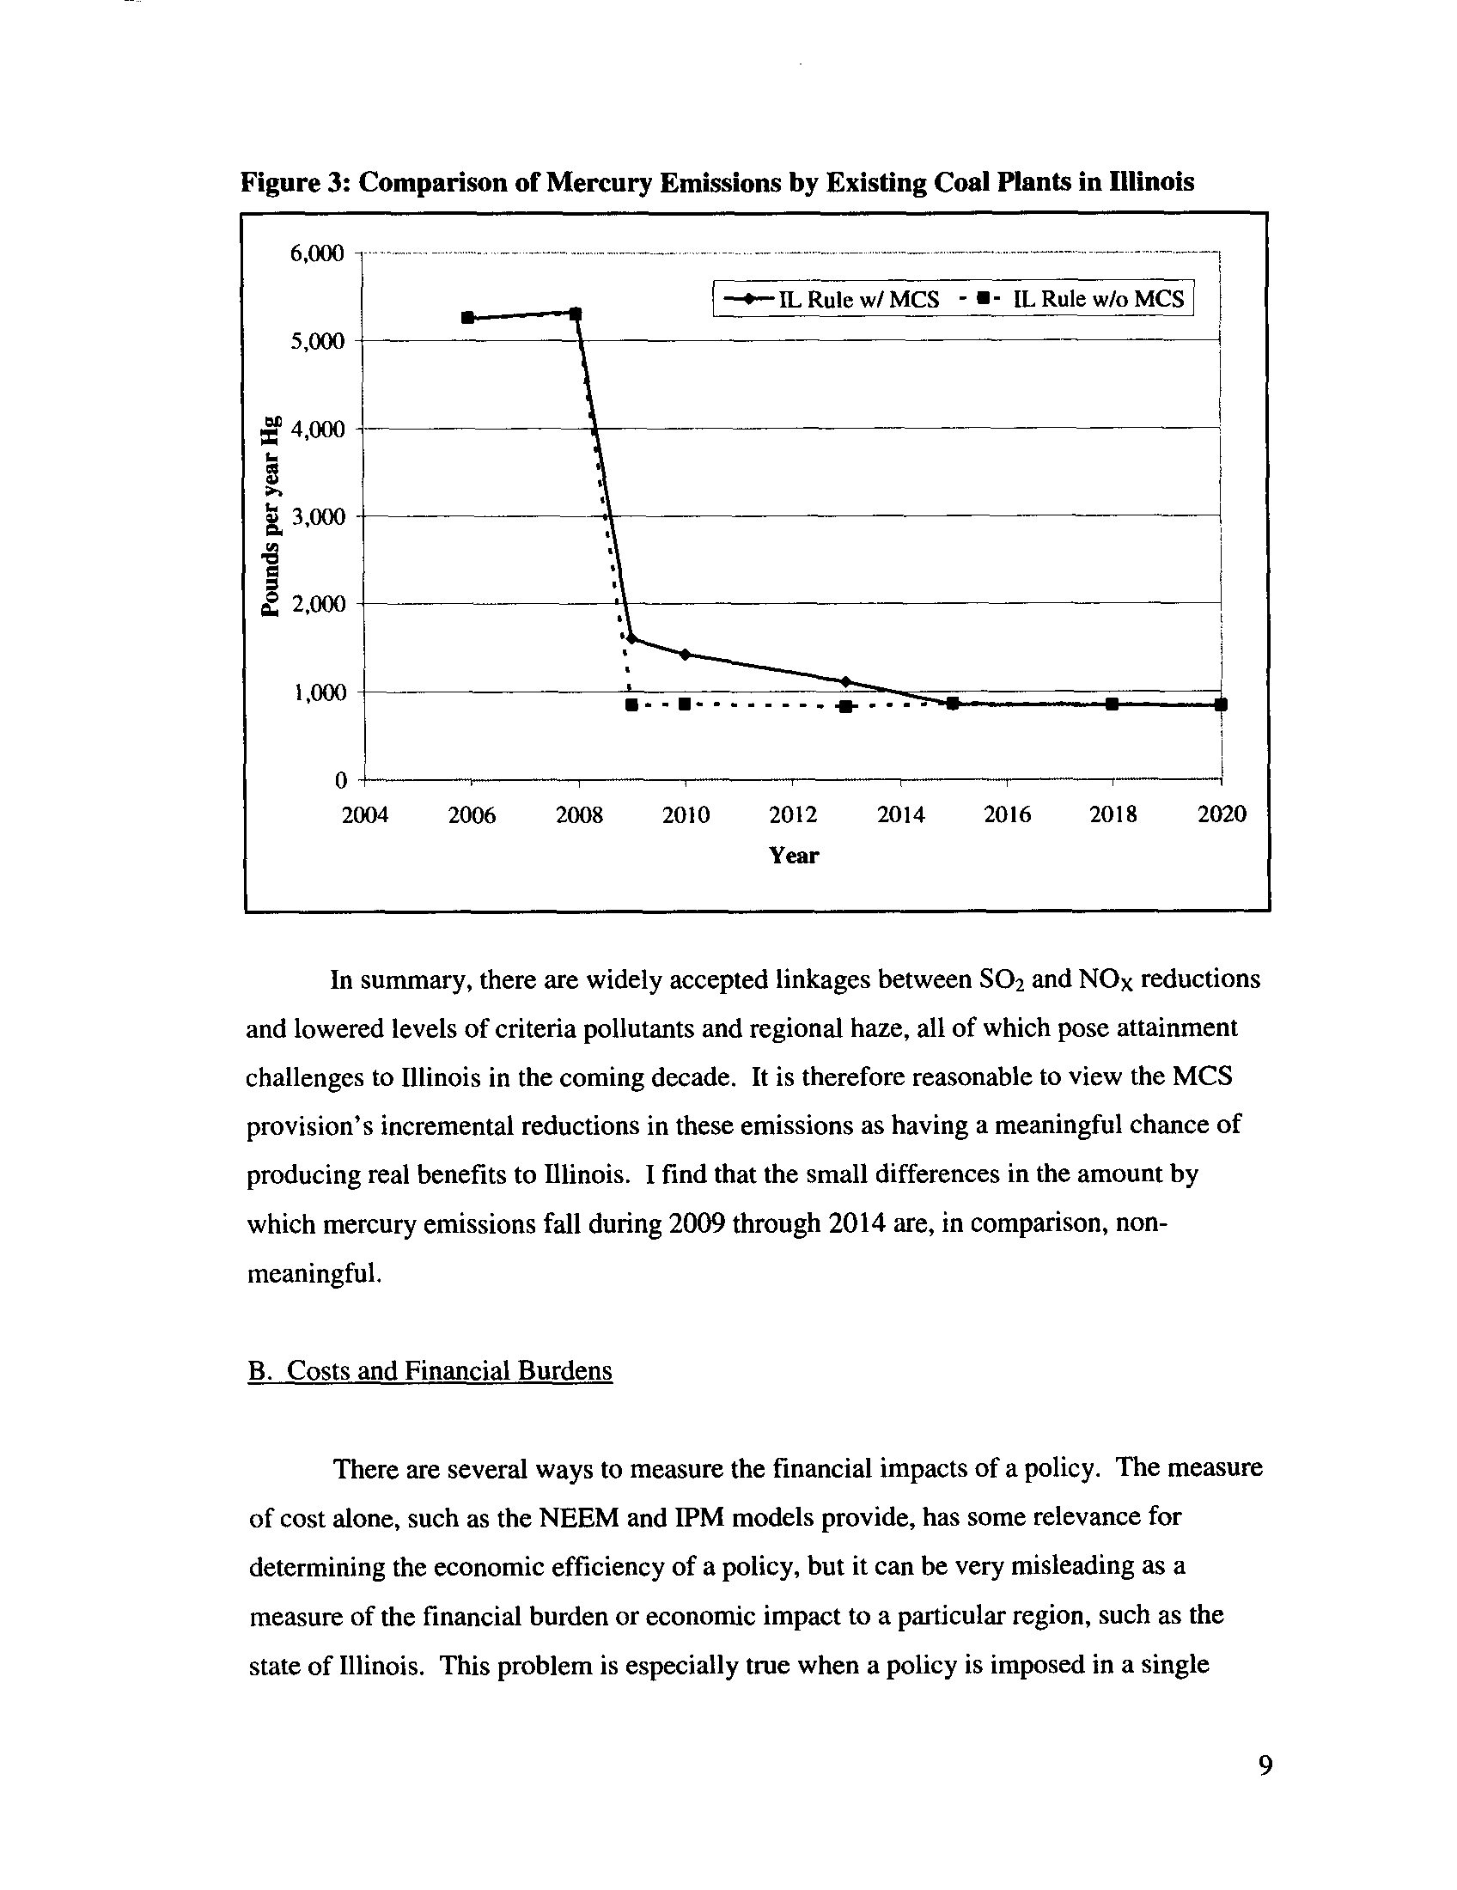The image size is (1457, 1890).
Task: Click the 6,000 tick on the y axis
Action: (318, 253)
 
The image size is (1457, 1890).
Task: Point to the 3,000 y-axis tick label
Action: (318, 516)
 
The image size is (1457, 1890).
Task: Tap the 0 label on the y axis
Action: (340, 781)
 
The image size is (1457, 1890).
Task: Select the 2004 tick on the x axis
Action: (365, 814)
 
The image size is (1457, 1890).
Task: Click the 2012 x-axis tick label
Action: (793, 814)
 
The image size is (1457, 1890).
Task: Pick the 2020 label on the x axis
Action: (1221, 814)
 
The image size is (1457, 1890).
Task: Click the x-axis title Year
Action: (794, 856)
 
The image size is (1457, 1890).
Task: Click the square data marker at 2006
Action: (467, 318)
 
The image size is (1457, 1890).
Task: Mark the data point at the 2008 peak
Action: (576, 314)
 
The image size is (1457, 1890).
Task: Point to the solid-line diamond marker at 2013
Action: (845, 681)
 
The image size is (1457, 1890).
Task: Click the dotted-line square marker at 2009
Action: (631, 705)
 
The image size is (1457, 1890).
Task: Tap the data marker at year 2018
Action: (1113, 704)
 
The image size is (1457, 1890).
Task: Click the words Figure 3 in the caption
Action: (294, 183)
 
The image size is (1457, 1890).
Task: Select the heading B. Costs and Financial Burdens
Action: (430, 1371)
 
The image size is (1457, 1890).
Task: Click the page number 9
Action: (1265, 1765)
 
